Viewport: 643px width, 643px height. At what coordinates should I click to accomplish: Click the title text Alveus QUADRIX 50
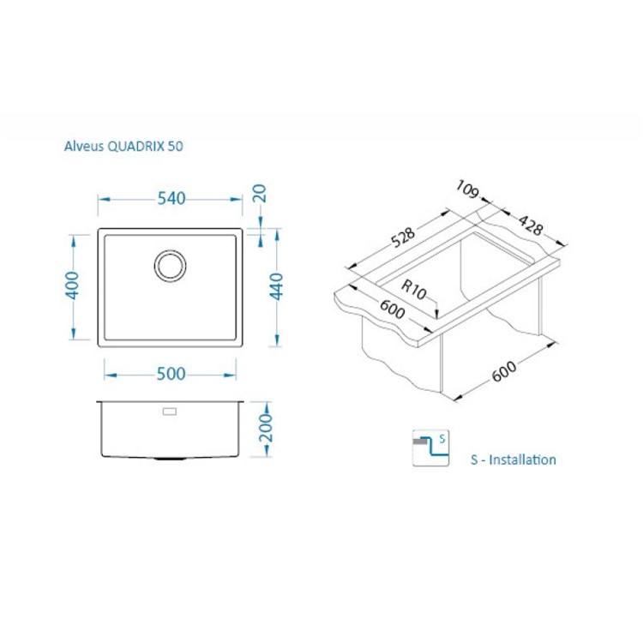click(123, 147)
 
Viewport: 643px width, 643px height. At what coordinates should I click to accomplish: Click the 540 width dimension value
click(171, 199)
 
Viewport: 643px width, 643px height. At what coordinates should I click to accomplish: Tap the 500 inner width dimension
click(171, 374)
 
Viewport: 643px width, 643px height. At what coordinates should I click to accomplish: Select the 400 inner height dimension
click(73, 285)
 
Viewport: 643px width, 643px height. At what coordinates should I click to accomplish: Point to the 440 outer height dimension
click(276, 286)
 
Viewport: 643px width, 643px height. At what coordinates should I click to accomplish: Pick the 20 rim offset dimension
click(260, 194)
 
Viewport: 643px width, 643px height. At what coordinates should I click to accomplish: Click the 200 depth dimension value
click(267, 427)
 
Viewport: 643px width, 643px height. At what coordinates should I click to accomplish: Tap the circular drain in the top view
click(170, 266)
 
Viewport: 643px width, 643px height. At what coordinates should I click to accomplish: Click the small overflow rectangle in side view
click(170, 412)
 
